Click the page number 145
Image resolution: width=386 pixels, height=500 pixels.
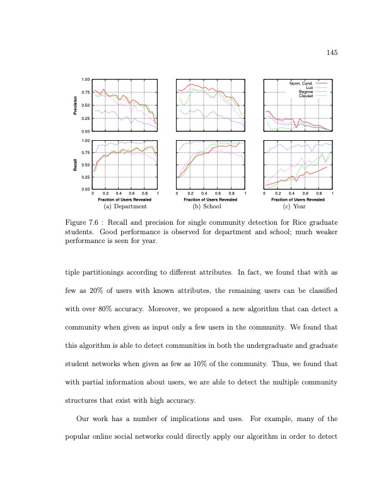tap(333, 52)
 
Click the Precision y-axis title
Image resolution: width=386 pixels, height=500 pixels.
tap(76, 105)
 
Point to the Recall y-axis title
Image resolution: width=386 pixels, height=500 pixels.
tap(76, 165)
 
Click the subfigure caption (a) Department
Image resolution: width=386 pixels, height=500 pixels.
tap(125, 206)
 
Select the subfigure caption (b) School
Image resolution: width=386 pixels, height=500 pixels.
tap(211, 206)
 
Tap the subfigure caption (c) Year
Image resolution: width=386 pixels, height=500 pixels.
tap(298, 206)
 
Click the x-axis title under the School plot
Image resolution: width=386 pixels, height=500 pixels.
tap(211, 199)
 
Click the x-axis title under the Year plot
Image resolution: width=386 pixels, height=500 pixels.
tap(298, 199)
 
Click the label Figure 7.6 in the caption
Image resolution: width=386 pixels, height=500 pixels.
tap(84, 222)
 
